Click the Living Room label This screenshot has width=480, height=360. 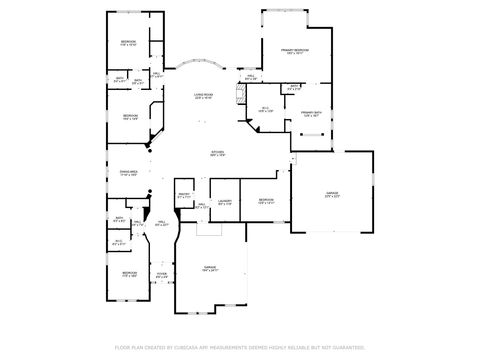point(203,96)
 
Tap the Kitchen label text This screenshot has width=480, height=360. point(217,153)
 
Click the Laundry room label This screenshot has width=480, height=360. point(224,202)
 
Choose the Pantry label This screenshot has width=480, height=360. point(183,197)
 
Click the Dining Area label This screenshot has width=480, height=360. point(128,173)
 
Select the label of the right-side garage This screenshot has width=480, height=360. point(333,194)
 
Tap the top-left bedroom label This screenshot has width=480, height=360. point(128,42)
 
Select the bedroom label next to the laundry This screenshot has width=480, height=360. point(265,201)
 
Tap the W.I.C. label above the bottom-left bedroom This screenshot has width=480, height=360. point(119,241)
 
